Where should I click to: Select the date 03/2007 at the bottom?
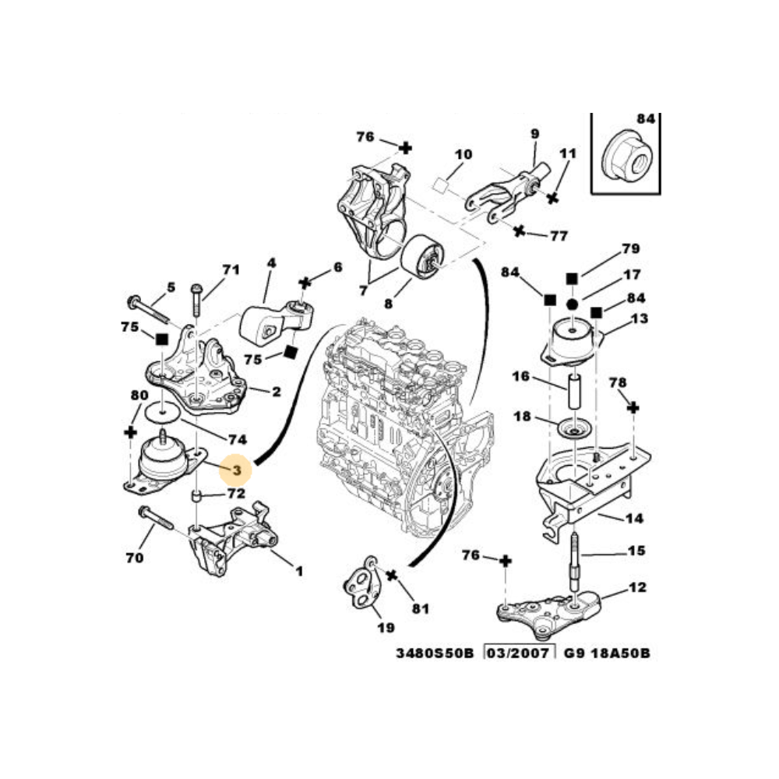point(520,653)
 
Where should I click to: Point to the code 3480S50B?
point(436,653)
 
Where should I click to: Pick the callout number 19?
point(384,627)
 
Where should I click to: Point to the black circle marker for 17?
point(571,304)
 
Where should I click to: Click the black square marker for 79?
point(571,277)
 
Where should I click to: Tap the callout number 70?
point(135,557)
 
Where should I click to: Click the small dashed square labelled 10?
point(441,185)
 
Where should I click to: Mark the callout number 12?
point(637,587)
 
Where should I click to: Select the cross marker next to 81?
point(393,576)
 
